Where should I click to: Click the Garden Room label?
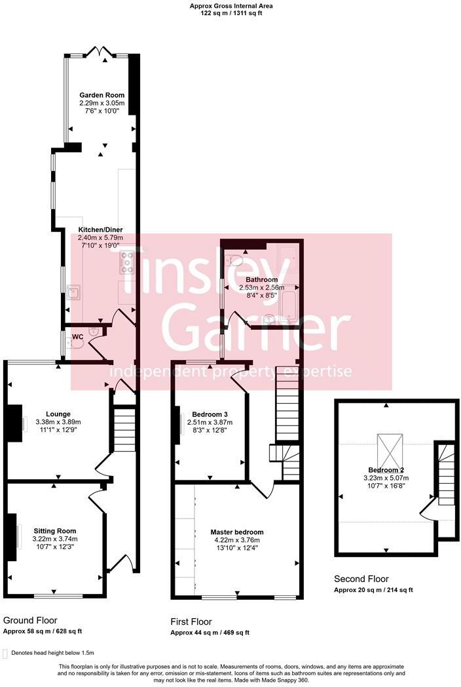(x=101, y=95)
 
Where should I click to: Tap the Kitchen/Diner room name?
(x=100, y=229)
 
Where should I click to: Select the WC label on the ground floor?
(x=77, y=337)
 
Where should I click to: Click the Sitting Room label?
(x=54, y=531)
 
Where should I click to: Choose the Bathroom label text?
(x=262, y=279)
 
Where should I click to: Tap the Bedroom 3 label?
(x=210, y=414)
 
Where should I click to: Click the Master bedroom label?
(x=237, y=532)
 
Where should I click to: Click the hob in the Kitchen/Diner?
(x=126, y=261)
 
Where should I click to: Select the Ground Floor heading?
(x=30, y=620)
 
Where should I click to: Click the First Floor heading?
(x=191, y=621)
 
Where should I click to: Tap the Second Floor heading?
(x=361, y=579)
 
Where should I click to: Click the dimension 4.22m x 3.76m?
(x=237, y=540)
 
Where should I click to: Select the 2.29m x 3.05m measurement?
(x=101, y=104)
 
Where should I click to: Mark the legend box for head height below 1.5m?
(x=6, y=654)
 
